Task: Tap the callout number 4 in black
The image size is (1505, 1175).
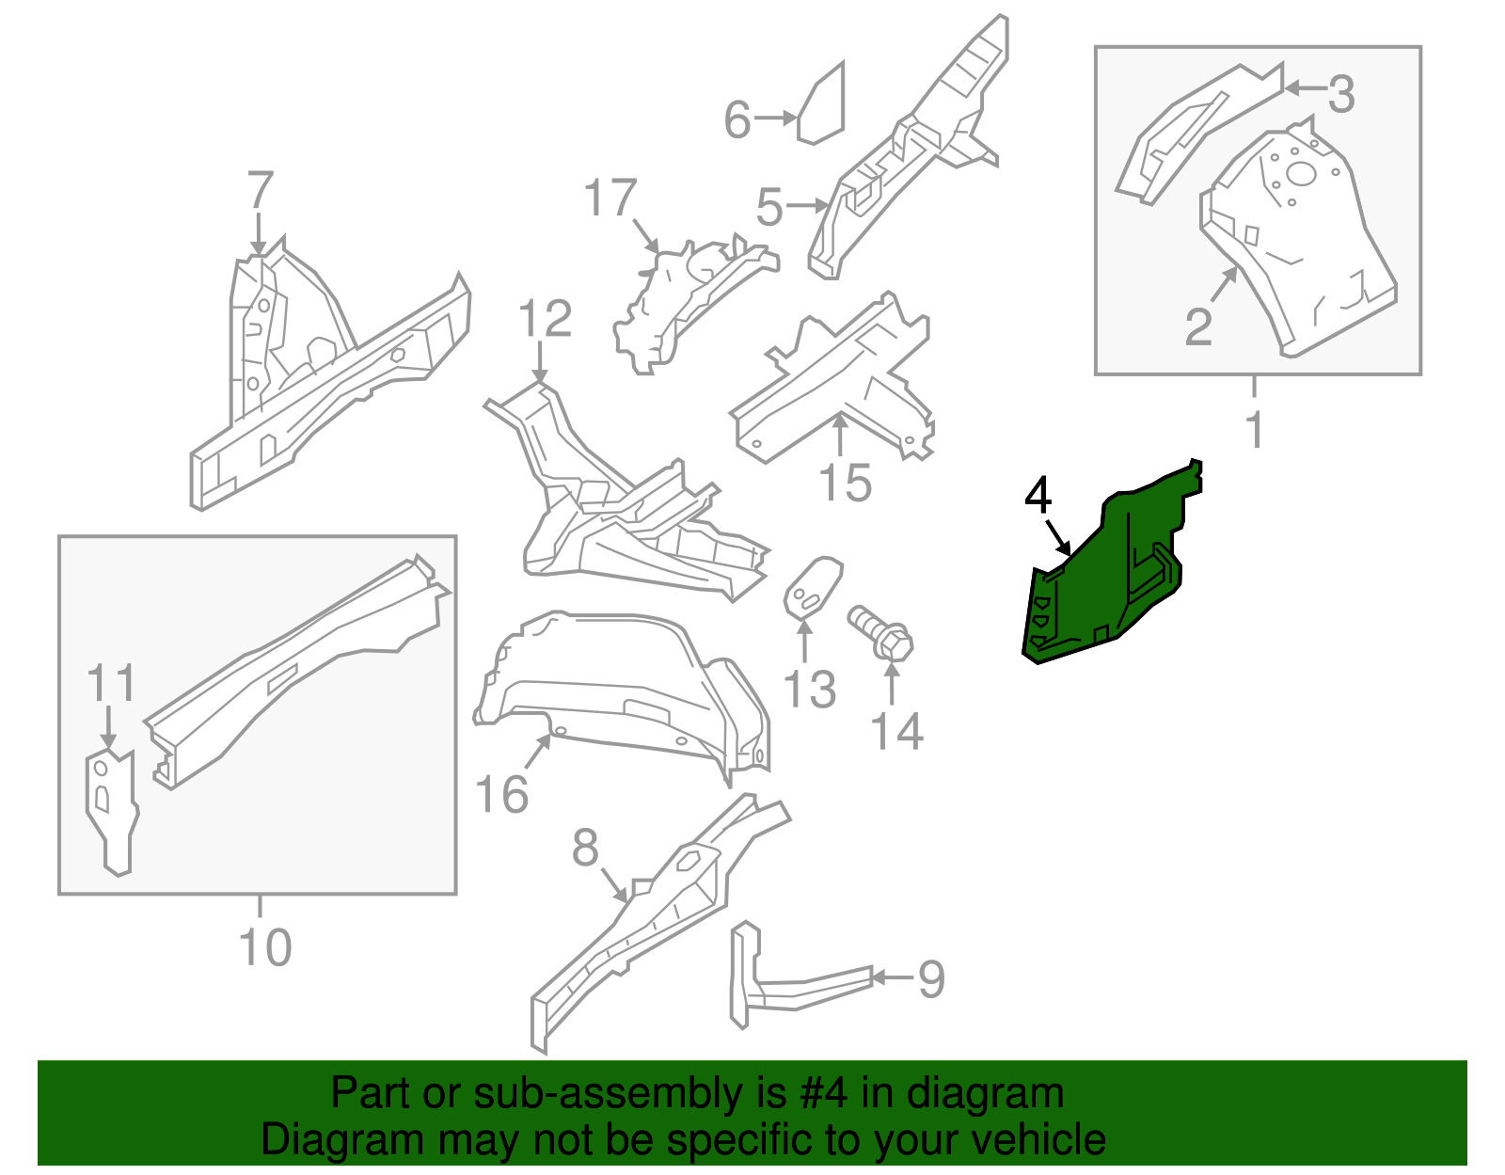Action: [1038, 495]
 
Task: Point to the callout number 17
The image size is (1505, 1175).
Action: [610, 198]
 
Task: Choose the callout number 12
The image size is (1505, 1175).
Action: [545, 319]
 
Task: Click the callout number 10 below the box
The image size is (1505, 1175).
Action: [265, 946]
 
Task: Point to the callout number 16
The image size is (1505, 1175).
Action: [502, 795]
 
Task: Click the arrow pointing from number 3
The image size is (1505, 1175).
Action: [1305, 88]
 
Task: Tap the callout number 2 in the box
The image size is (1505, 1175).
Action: [1198, 326]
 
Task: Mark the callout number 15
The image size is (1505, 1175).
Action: [845, 484]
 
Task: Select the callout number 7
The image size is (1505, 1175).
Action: [261, 190]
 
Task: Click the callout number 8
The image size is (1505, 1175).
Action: [585, 848]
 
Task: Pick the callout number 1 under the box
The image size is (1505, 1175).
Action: [1254, 430]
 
